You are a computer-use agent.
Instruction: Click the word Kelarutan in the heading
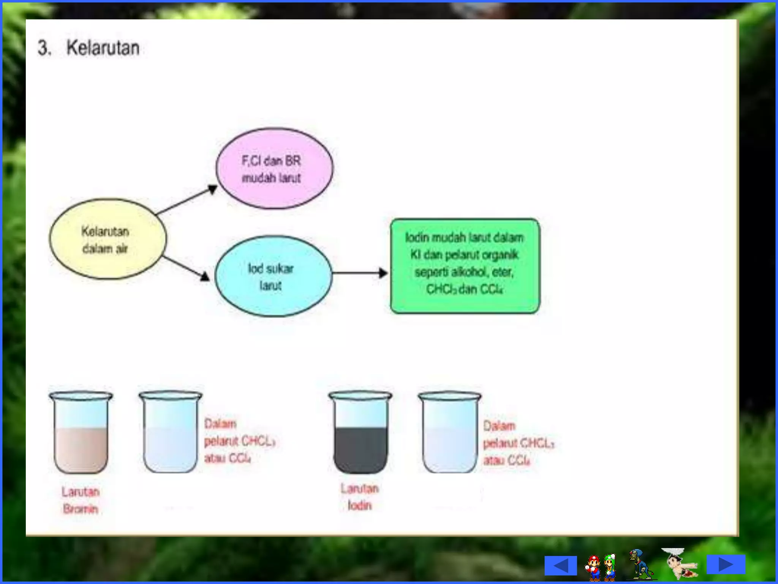(x=103, y=48)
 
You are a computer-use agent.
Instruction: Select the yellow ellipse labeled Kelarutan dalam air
(x=108, y=239)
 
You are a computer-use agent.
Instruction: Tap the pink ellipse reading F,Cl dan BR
(x=274, y=168)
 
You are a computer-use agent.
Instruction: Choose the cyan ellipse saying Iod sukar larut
(x=273, y=276)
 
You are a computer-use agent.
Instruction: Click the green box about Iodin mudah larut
(x=465, y=266)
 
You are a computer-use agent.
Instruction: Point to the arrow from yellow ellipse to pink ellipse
(x=187, y=200)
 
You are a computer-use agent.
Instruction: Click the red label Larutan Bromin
(x=81, y=500)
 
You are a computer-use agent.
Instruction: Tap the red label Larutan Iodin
(x=359, y=497)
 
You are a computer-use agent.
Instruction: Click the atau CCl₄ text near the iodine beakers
(x=506, y=461)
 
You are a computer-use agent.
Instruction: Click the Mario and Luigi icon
(x=601, y=566)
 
